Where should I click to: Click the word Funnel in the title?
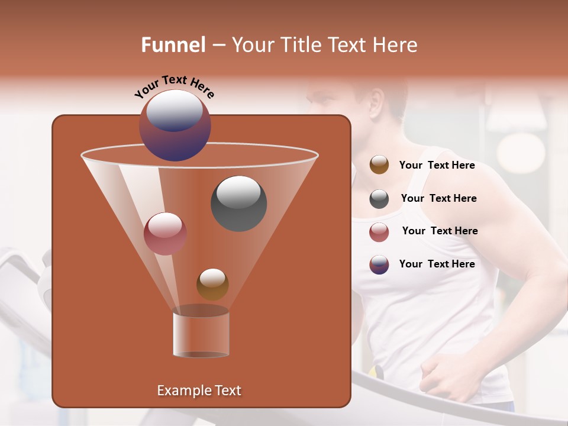[173, 45]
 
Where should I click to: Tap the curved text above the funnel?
[174, 86]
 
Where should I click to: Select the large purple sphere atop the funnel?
[175, 125]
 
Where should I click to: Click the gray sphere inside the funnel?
[239, 204]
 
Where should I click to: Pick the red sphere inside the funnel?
[165, 234]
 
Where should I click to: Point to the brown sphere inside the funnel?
[212, 284]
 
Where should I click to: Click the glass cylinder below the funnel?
[201, 333]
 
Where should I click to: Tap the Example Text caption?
[199, 390]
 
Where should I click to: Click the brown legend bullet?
[379, 165]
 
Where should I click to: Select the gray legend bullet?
[379, 199]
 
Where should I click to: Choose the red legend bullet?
[379, 232]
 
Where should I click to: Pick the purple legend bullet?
[379, 264]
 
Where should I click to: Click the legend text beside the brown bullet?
[437, 166]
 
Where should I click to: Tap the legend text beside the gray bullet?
[438, 198]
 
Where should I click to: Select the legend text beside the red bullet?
[440, 231]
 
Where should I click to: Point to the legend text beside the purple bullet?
[437, 264]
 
